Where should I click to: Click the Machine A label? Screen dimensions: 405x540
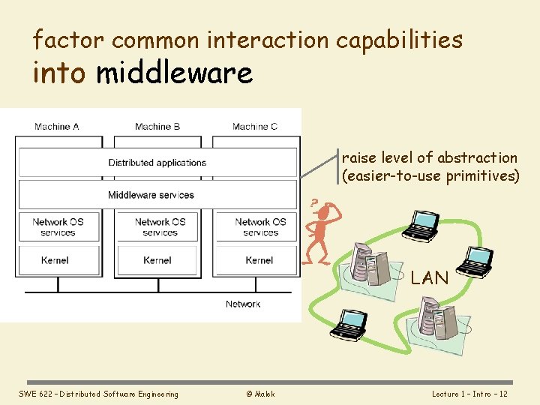coord(57,127)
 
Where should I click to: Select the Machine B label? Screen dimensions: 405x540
coord(157,127)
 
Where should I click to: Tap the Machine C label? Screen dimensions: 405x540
coord(255,127)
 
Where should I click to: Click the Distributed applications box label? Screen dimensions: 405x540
coord(157,163)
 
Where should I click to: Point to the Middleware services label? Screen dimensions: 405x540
coord(151,195)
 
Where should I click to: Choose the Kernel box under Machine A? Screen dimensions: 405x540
coord(55,260)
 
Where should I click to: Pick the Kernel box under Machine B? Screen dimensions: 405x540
coord(157,260)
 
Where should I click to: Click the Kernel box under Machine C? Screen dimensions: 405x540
coord(259,260)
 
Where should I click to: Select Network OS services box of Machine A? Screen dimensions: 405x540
coord(58,227)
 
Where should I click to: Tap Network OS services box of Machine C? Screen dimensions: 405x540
coord(260,227)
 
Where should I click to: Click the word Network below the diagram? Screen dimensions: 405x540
coord(243,304)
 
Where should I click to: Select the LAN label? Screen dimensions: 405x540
coord(430,278)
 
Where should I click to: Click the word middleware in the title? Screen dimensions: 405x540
coord(174,73)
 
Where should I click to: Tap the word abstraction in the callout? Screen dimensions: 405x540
coord(476,157)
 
